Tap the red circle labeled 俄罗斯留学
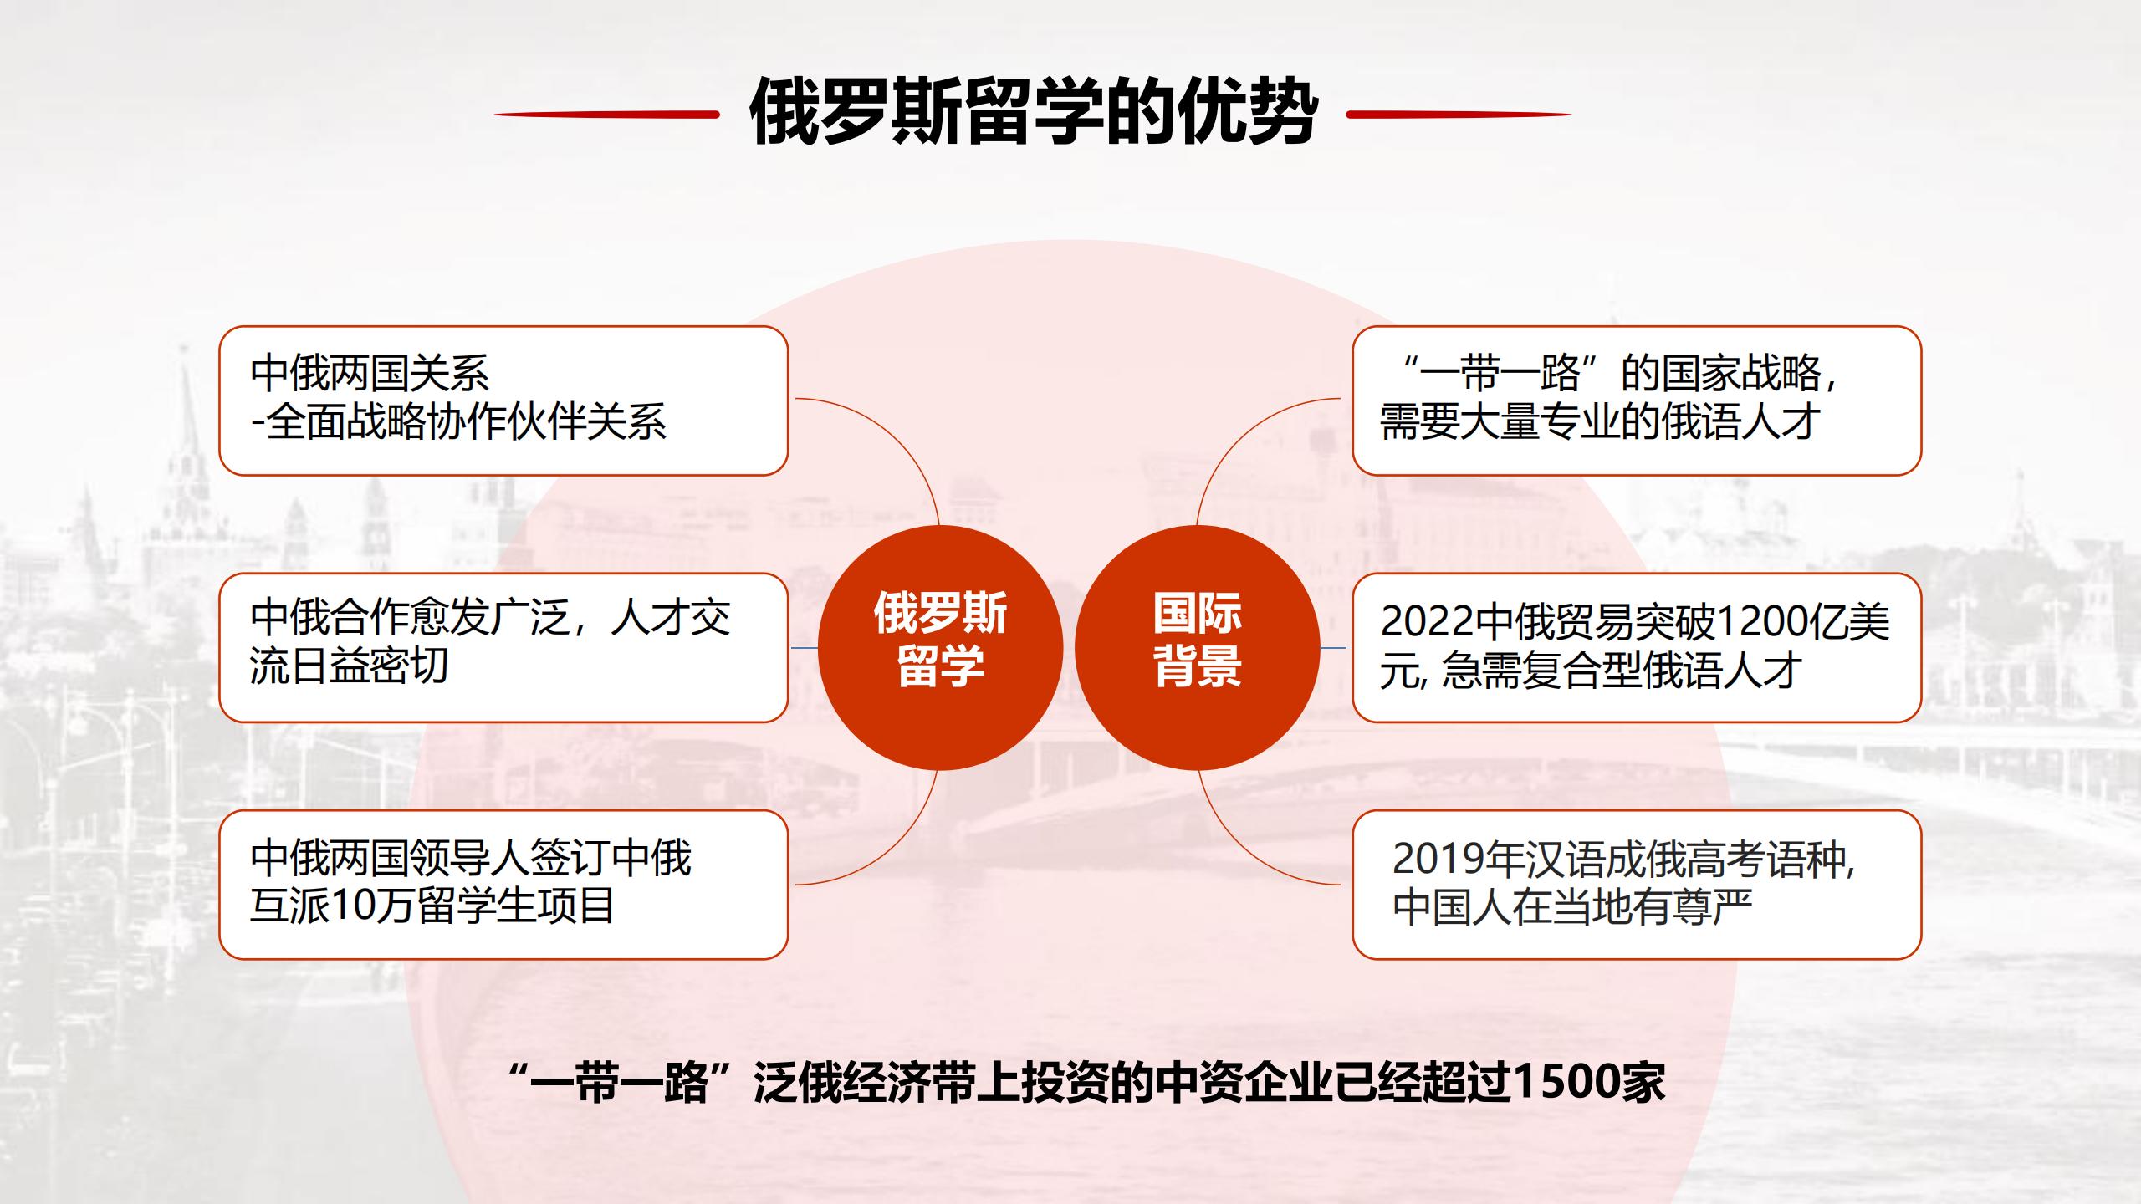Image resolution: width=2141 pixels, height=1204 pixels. pyautogui.click(x=940, y=648)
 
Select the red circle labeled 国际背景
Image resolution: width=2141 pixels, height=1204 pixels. pyautogui.click(x=1197, y=648)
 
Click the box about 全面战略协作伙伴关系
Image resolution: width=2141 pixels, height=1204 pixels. pyautogui.click(x=503, y=400)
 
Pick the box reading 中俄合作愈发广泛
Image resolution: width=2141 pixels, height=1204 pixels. pyautogui.click(x=503, y=647)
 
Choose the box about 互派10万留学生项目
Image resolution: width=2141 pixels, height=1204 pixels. pyautogui.click(x=503, y=885)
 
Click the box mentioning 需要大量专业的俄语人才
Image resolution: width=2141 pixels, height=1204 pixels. pyautogui.click(x=1637, y=400)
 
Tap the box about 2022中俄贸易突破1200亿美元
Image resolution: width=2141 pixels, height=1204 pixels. pyautogui.click(x=1637, y=647)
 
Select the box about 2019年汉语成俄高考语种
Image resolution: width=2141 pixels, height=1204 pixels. pyautogui.click(x=1637, y=885)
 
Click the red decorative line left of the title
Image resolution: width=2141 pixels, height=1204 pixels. pyautogui.click(x=607, y=115)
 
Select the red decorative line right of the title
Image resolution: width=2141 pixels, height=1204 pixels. pyautogui.click(x=1459, y=115)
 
